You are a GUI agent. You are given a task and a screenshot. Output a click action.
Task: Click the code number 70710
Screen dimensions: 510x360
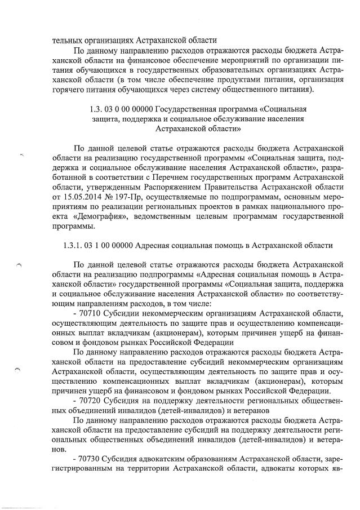click(x=91, y=313)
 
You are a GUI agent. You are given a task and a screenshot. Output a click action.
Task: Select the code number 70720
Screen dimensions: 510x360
click(x=91, y=400)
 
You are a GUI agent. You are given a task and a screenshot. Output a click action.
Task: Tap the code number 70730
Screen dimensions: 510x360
click(x=91, y=457)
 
